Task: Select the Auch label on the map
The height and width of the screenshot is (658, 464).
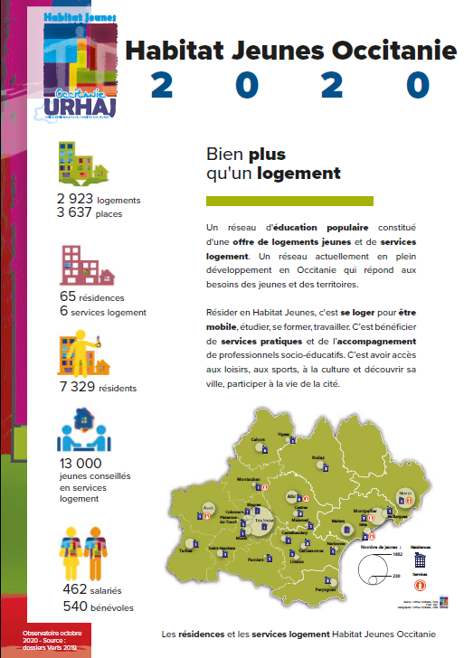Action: [207, 509]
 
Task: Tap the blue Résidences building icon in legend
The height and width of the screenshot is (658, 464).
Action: [420, 560]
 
